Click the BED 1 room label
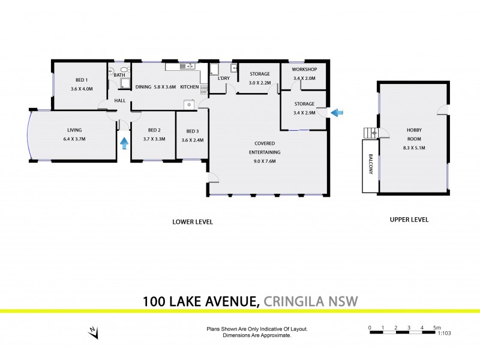click(x=81, y=80)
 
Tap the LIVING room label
click(x=74, y=130)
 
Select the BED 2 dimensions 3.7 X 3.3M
click(x=154, y=139)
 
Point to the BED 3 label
click(x=192, y=131)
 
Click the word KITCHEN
click(x=189, y=87)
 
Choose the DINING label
click(x=143, y=87)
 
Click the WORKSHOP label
click(x=304, y=70)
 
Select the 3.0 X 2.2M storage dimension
click(x=260, y=83)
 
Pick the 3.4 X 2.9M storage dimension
click(x=304, y=113)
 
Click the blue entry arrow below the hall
click(x=124, y=143)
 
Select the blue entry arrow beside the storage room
click(x=338, y=112)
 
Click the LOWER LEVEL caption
click(x=193, y=222)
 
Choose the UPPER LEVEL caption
click(x=409, y=220)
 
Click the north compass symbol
click(x=92, y=331)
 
